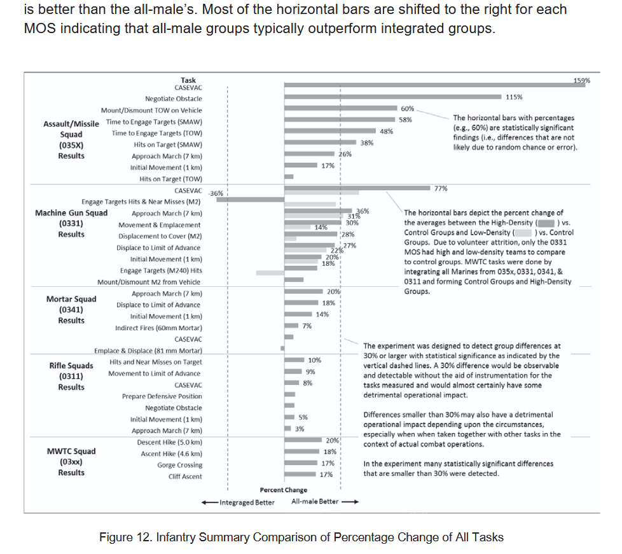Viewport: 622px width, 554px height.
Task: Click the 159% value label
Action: [x=581, y=81]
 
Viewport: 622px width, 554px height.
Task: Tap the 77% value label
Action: [x=441, y=188]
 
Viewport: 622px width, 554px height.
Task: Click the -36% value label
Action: [x=216, y=193]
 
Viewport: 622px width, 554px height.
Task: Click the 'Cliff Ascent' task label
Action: [x=185, y=476]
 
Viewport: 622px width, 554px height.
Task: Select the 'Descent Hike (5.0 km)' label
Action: [x=170, y=442]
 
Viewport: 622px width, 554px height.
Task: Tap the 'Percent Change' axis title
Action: [x=283, y=490]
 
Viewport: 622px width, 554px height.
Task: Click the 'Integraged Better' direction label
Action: [x=247, y=502]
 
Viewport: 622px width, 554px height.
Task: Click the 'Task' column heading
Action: [x=188, y=80]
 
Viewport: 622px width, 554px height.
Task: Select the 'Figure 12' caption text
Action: [x=301, y=537]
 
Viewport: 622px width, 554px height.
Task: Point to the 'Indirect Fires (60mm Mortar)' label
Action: [x=158, y=328]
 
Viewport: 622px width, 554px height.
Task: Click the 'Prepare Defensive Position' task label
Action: [x=162, y=396]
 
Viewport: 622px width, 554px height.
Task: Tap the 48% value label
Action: [x=386, y=131]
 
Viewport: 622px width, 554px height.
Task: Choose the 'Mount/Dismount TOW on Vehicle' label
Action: [x=151, y=110]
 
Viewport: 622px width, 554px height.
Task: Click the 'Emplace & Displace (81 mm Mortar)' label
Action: [x=148, y=350]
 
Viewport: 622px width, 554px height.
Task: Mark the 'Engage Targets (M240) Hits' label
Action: [x=161, y=270]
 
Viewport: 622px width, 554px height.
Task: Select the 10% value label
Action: [x=314, y=360]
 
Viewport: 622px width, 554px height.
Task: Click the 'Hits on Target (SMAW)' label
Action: [x=168, y=144]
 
